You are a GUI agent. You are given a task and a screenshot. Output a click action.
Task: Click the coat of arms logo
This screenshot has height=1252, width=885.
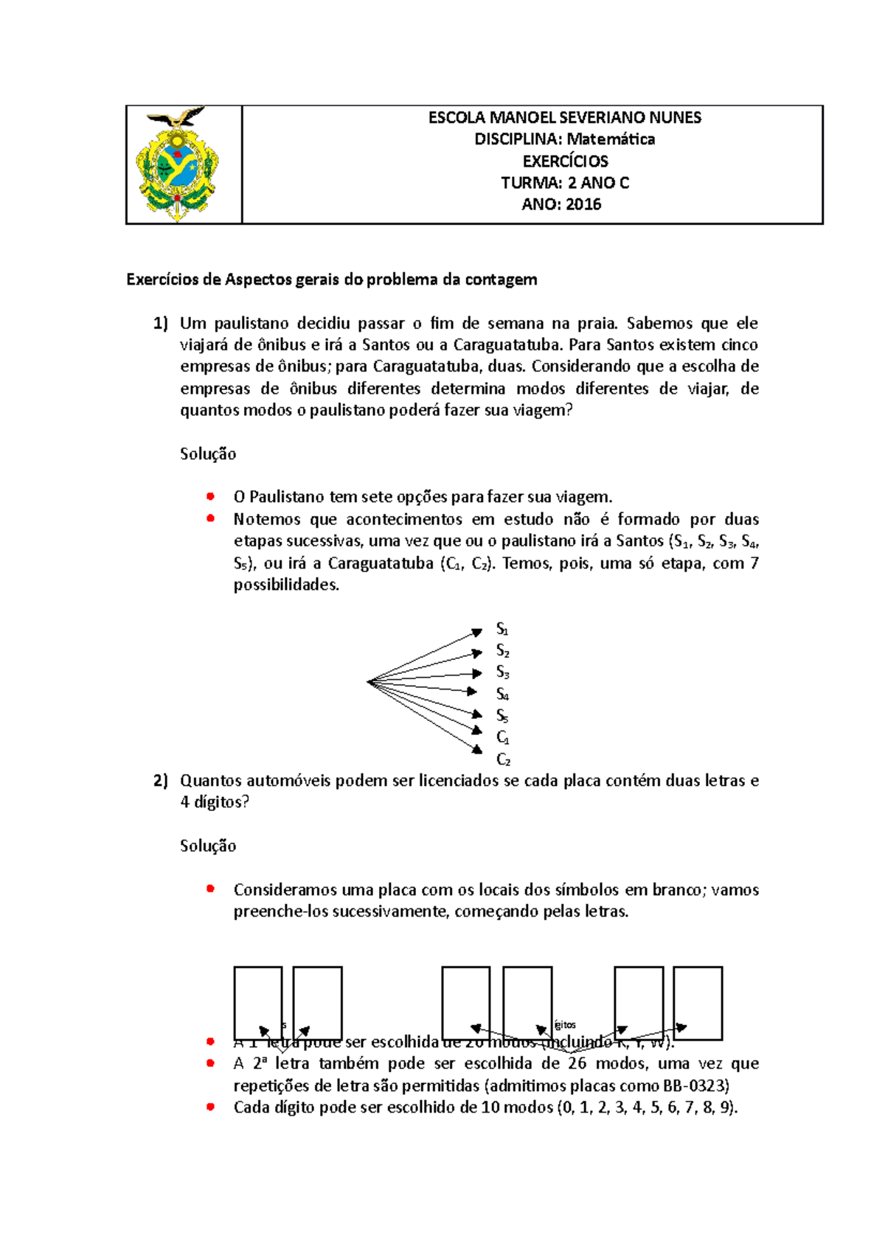178,164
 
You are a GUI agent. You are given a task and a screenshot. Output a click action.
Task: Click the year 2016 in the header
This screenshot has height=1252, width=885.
583,205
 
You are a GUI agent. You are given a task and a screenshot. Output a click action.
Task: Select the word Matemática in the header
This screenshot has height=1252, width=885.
611,139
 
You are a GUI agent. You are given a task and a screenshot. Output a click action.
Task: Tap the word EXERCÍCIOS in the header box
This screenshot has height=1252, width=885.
565,161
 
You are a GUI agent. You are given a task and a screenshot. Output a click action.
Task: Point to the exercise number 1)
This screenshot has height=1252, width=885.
161,323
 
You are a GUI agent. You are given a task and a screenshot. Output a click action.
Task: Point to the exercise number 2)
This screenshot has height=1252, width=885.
161,781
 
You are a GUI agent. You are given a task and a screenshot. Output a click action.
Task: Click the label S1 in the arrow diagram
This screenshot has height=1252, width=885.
502,630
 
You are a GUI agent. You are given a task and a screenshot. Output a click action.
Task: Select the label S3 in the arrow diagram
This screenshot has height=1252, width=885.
502,672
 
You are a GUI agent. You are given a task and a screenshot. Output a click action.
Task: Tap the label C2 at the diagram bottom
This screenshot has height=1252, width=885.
503,759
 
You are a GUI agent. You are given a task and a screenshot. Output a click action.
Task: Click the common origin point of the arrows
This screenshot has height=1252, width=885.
368,682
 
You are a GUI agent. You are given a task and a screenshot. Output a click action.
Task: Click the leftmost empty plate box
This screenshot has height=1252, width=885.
257,1003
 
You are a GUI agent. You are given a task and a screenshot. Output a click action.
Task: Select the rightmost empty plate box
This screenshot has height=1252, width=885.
697,1003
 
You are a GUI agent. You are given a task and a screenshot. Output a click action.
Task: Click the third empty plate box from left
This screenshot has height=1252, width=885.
465,1003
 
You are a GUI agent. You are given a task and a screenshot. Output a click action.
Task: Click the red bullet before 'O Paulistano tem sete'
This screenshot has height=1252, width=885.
211,496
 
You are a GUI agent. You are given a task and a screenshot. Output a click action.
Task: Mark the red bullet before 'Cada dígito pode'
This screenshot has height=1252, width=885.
211,1107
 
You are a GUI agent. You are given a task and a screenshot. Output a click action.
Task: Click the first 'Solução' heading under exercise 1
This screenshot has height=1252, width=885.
208,454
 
